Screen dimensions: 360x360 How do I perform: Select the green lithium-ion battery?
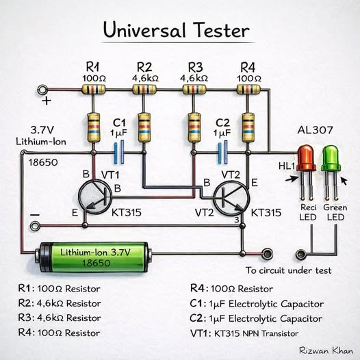click(94, 257)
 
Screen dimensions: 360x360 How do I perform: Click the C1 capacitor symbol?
click(119, 152)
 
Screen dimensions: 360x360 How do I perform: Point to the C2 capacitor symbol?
click(222, 152)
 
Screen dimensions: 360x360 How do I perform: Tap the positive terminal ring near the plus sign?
click(42, 90)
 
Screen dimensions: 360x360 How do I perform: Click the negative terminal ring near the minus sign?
click(35, 226)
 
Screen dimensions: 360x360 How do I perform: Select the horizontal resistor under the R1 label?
click(94, 89)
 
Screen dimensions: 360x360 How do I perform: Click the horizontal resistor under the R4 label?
click(248, 89)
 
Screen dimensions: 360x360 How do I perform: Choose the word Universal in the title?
click(144, 30)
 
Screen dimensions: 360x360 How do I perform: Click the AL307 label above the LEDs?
click(315, 130)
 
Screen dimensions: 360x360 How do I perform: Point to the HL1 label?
click(286, 166)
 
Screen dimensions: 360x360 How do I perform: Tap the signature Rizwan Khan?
click(326, 350)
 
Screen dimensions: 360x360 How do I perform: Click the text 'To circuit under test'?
click(288, 270)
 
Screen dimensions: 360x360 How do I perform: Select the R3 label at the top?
click(195, 68)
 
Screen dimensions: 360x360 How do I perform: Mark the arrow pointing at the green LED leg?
click(344, 181)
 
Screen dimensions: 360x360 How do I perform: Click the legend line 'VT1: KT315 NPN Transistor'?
click(244, 333)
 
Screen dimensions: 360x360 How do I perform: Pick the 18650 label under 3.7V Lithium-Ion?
click(43, 162)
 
